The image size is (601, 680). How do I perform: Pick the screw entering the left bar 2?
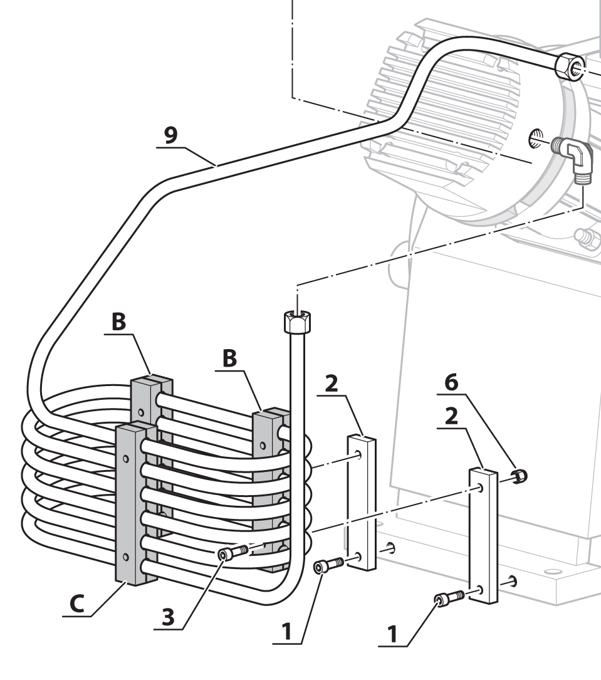point(327,566)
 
